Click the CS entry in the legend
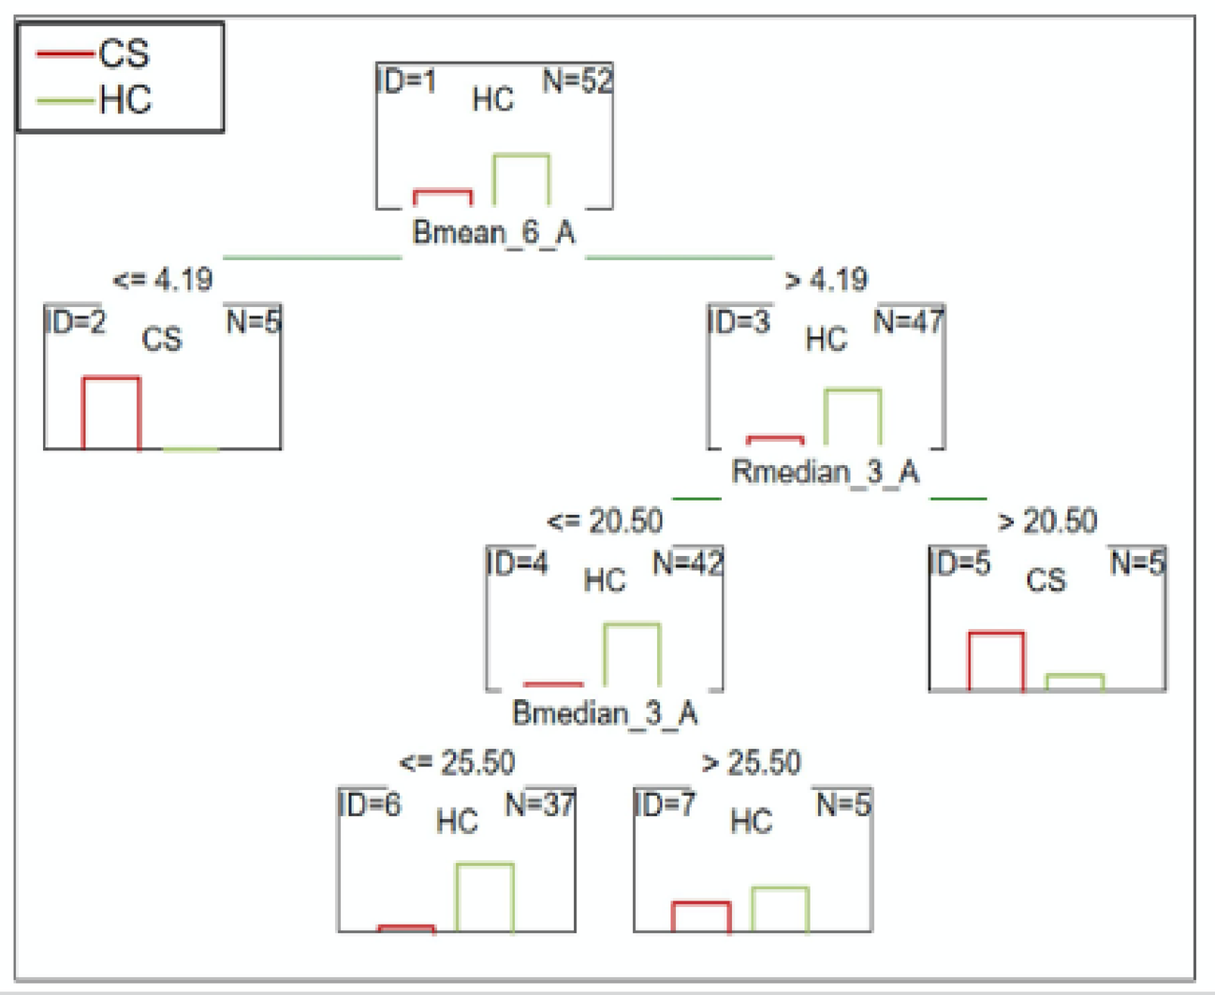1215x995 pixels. pos(94,54)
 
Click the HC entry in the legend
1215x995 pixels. pos(94,99)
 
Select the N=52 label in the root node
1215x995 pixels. pos(577,81)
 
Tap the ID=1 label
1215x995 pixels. pos(406,81)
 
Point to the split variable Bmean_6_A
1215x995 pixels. pos(493,232)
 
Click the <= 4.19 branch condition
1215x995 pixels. pos(163,279)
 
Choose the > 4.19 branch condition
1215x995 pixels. pos(826,279)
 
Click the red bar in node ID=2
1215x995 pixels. pos(111,414)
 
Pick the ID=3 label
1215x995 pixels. pos(739,322)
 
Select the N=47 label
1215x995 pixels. pos(908,322)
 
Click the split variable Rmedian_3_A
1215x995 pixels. pos(825,472)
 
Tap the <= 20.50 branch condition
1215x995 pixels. pos(605,520)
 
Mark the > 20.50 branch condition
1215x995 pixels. pos(1047,520)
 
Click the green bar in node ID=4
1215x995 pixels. pos(632,654)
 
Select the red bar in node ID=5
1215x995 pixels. pos(996,661)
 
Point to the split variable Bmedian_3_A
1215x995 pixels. pos(605,713)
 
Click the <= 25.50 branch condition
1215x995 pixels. pos(458,762)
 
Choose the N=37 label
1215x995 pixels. pos(540,804)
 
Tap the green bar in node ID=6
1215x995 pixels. pos(485,898)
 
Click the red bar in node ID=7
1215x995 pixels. pos(701,917)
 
